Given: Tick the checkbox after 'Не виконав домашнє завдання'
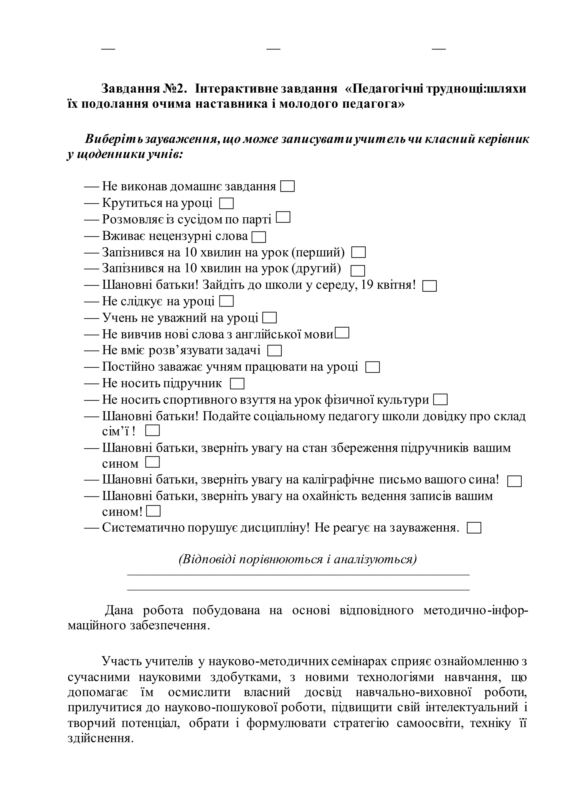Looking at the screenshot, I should coord(288,186).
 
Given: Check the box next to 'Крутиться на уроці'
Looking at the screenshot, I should coord(226,204).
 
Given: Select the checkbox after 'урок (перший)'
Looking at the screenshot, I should coord(359,252).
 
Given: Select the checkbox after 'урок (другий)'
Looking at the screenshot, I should coord(358,271).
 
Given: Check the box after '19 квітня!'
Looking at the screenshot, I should coord(430,286).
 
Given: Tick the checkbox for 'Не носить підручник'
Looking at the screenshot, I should coord(237,384).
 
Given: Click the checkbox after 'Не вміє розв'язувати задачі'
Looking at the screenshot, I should coord(274,351).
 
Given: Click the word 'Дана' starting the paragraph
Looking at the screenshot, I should coord(119,610).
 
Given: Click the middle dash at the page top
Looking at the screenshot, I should coord(273,48).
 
